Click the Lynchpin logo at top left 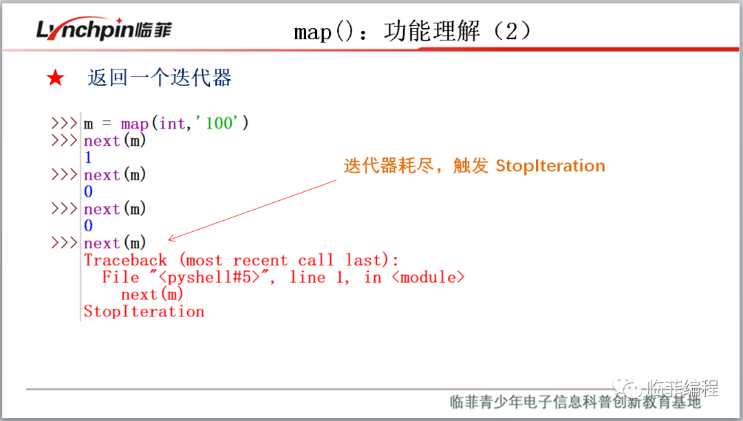pos(103,30)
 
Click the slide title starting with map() pos(412,32)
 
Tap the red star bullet pos(55,78)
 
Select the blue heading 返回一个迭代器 pos(160,78)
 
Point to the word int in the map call pos(172,124)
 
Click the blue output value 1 pos(88,158)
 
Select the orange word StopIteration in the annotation pos(550,166)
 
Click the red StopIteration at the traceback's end pos(144,312)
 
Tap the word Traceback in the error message pos(125,261)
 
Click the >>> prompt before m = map pos(64,124)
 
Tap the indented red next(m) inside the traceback pos(152,294)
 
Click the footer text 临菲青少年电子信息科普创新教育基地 pos(574,402)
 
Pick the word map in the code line pos(135,124)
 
